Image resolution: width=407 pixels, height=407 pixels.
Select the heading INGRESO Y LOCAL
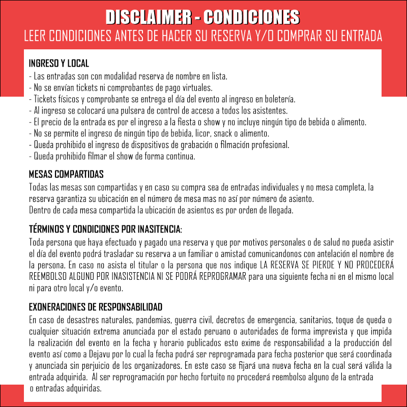coord(59,64)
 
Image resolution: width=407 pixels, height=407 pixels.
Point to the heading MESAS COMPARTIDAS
coord(66,175)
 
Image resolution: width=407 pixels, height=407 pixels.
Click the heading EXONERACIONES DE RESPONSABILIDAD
coord(96,307)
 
